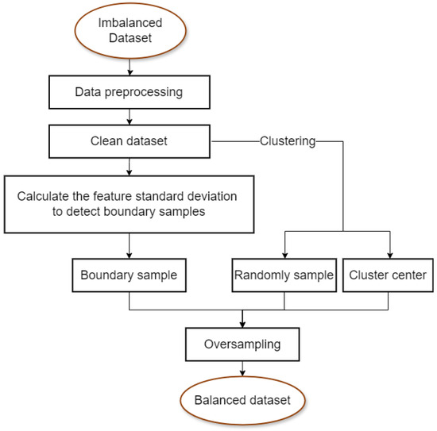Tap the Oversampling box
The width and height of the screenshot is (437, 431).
click(x=242, y=345)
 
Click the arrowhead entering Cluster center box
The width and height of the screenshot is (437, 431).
click(x=389, y=254)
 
